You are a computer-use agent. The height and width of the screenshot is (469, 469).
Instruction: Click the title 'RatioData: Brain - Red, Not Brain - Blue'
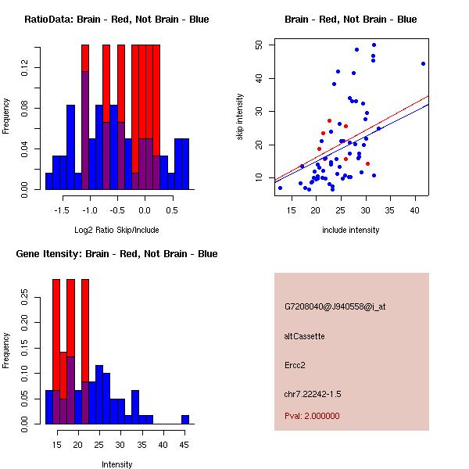[x=116, y=20]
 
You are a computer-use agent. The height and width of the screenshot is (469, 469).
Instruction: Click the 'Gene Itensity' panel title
[x=116, y=254]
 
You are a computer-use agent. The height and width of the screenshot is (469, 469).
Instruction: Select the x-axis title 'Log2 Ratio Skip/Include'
[x=116, y=229]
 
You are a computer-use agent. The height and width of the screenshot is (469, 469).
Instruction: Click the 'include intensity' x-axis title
[x=351, y=229]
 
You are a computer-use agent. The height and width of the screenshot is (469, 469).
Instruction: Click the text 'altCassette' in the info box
[x=304, y=336]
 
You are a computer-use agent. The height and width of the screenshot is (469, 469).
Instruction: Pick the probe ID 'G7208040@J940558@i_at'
[x=335, y=306]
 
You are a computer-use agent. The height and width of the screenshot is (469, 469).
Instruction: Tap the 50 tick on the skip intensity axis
[x=259, y=45]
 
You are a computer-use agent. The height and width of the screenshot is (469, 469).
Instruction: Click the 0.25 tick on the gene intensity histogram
[x=23, y=296]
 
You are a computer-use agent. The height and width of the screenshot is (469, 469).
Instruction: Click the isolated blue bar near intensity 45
[x=185, y=420]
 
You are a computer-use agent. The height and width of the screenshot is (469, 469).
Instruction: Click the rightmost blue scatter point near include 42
[x=423, y=64]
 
